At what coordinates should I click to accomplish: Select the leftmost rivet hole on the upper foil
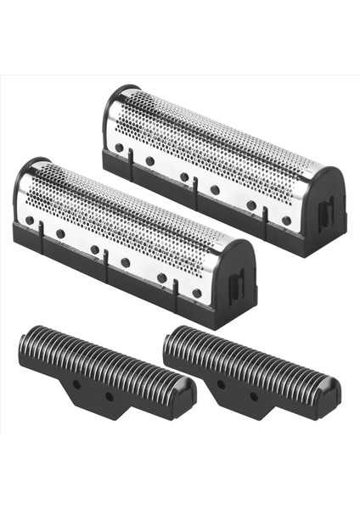tap(119, 147)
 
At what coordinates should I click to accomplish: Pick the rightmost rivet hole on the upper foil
tap(286, 221)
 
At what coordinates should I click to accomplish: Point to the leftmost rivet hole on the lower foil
tap(30, 221)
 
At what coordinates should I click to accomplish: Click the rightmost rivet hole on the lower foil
tap(197, 294)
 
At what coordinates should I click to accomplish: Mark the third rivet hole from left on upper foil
tap(184, 176)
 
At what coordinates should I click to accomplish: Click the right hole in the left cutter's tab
tap(110, 396)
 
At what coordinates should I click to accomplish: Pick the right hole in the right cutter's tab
tap(253, 396)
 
